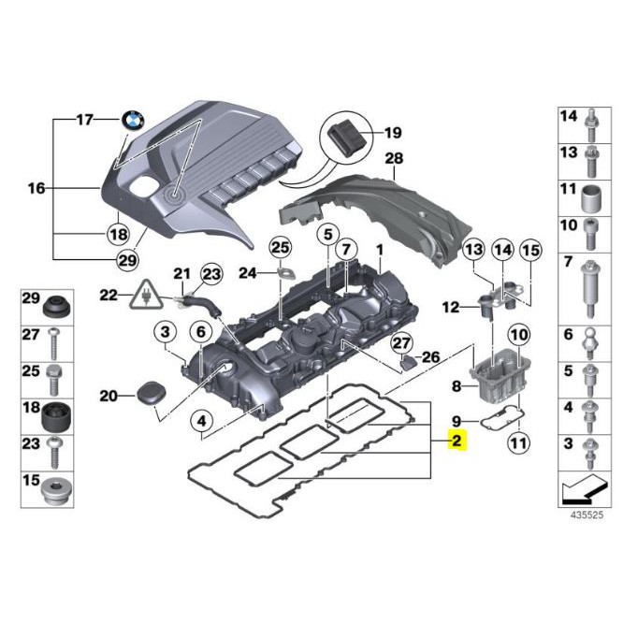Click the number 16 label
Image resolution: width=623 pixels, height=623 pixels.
[x=36, y=188]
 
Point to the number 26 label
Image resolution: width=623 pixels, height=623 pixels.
[x=429, y=356]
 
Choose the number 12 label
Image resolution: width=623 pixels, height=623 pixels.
[x=451, y=306]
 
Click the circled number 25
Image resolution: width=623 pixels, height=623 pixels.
[x=280, y=247]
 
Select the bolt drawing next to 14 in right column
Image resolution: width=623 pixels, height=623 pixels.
[x=591, y=122]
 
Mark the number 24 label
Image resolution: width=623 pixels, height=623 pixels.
[x=246, y=273]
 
